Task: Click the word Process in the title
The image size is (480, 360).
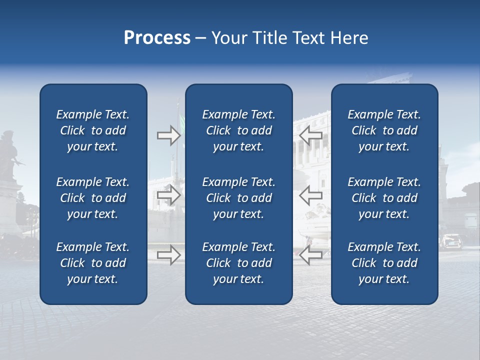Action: (157, 38)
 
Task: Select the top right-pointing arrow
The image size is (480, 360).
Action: (168, 135)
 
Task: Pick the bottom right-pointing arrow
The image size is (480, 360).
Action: (168, 255)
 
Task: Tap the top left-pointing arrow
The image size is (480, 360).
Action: (310, 134)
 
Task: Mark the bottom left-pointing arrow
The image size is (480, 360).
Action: (310, 254)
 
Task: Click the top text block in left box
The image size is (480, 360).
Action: (93, 130)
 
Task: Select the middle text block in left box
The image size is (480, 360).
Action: (93, 198)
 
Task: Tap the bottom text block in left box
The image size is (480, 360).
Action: (93, 263)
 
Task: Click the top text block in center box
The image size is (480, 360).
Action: (238, 130)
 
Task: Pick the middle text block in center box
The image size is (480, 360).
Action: (238, 198)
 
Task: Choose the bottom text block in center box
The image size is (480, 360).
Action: (238, 263)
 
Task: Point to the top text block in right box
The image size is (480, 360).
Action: (384, 130)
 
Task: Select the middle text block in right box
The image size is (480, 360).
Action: (384, 198)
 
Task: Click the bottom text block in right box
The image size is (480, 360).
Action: (384, 263)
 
